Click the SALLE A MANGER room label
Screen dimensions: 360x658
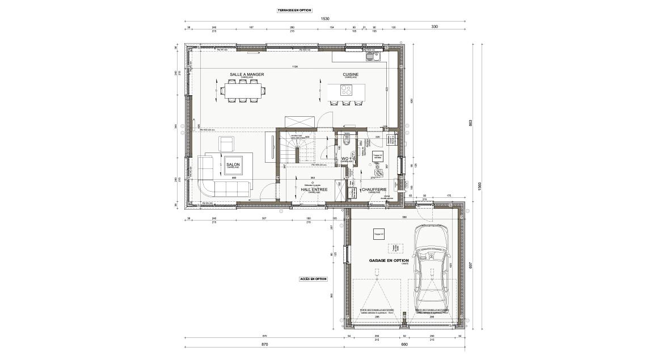(x=247, y=74)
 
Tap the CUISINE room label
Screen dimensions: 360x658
(x=350, y=74)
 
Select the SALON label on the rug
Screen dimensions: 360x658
(x=233, y=164)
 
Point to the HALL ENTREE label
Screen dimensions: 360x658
(x=311, y=189)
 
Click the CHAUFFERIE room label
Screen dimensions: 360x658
(x=374, y=189)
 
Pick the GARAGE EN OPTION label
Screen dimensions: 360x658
(x=389, y=261)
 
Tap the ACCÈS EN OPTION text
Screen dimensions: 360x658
(x=313, y=279)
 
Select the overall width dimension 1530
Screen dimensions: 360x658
(x=325, y=19)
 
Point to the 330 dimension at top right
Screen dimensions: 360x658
(x=435, y=27)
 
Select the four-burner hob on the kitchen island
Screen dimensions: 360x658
(x=347, y=90)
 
